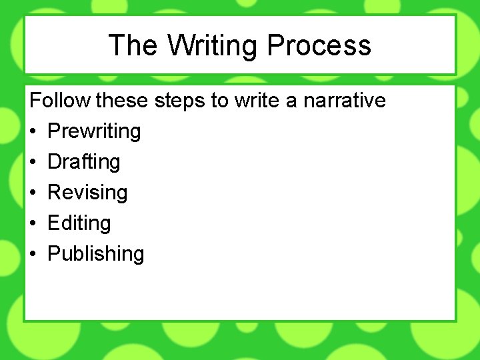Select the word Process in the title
[319, 45]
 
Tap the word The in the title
[133, 45]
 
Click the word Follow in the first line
[61, 101]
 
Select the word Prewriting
[94, 131]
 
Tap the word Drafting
[84, 162]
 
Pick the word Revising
[87, 193]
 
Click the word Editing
[79, 223]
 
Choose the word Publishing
[96, 254]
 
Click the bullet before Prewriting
[33, 132]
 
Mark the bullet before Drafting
[33, 163]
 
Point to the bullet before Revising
[33, 193]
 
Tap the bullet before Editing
[33, 224]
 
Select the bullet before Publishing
[33, 255]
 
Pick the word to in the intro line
[219, 101]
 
